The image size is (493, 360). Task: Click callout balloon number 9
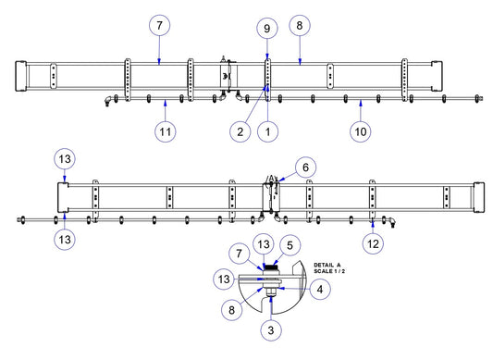point(267,29)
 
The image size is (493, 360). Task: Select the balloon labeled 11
point(166,131)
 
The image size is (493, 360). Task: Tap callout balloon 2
point(240,131)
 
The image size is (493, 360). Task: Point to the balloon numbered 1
point(268,131)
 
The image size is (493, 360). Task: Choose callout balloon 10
point(361,131)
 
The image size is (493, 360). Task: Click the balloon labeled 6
point(305,168)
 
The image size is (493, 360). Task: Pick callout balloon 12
point(373,243)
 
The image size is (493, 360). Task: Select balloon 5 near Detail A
point(290,245)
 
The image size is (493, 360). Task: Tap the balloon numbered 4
point(320,289)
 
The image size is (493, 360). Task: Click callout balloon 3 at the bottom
point(271,330)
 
